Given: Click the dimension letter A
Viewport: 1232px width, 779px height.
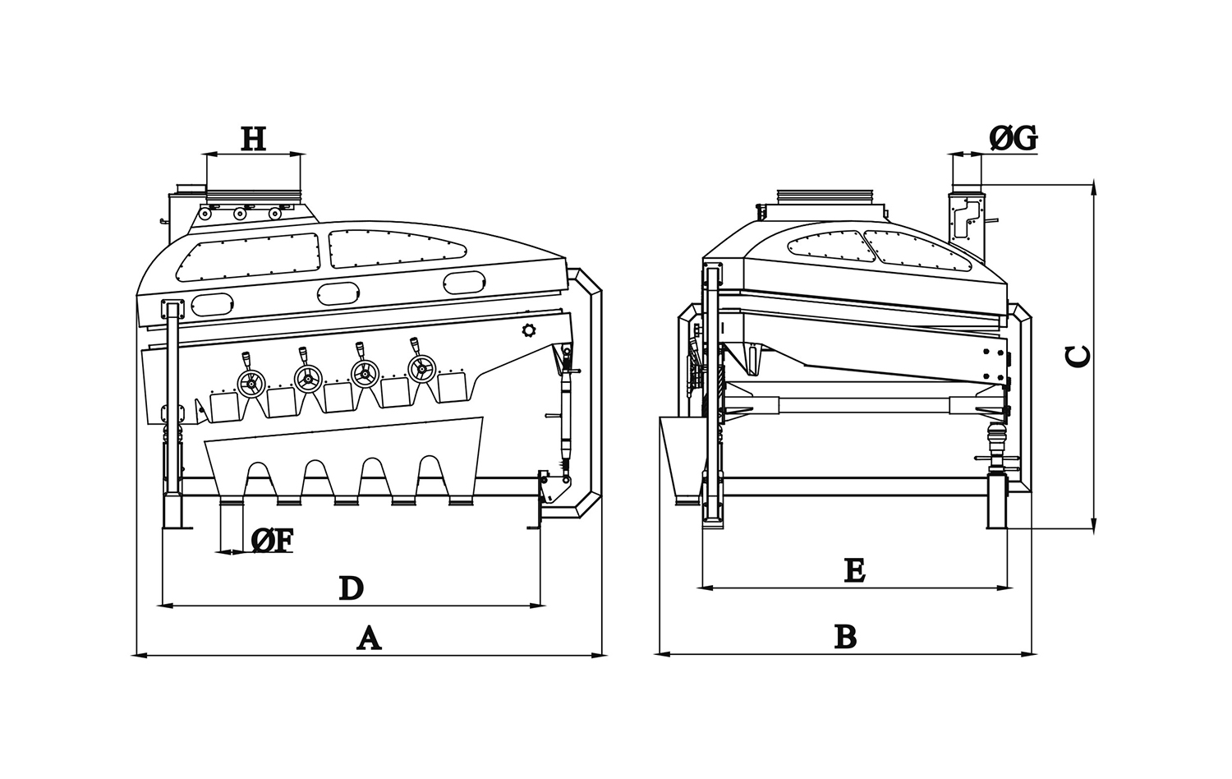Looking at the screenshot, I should pyautogui.click(x=369, y=638).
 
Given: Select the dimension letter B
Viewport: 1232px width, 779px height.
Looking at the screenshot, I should pyautogui.click(x=845, y=637).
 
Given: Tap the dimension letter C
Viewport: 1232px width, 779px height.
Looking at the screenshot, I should pyautogui.click(x=1078, y=355).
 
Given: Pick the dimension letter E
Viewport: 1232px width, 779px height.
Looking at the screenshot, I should pyautogui.click(x=854, y=569).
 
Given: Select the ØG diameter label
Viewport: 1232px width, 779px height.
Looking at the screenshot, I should pyautogui.click(x=1014, y=140).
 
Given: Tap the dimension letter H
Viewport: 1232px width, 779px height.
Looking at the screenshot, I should pyautogui.click(x=253, y=139).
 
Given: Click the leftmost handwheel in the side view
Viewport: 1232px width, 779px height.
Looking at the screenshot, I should pyautogui.click(x=251, y=382).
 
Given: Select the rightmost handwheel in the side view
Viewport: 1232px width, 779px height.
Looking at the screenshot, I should pyautogui.click(x=421, y=370).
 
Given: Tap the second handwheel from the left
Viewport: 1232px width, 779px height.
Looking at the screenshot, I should pyautogui.click(x=308, y=378).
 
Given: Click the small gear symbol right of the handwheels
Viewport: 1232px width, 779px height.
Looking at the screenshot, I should pyautogui.click(x=527, y=330).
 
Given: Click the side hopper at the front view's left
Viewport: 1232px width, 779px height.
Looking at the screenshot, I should pyautogui.click(x=681, y=456).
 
